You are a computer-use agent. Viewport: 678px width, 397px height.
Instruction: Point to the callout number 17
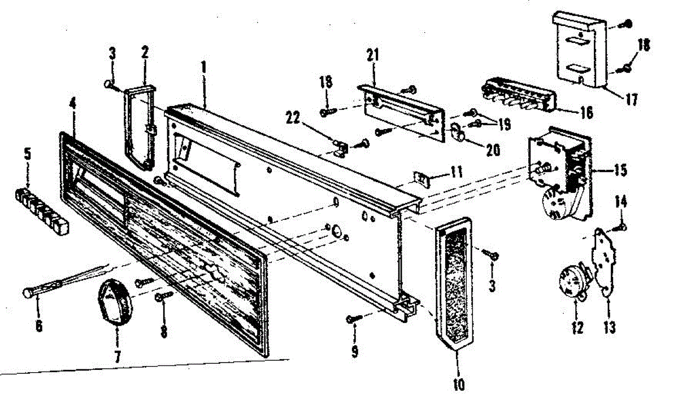point(631,100)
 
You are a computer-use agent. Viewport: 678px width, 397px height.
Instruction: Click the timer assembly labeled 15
point(559,175)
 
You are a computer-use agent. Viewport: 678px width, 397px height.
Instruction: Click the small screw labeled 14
point(621,226)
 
